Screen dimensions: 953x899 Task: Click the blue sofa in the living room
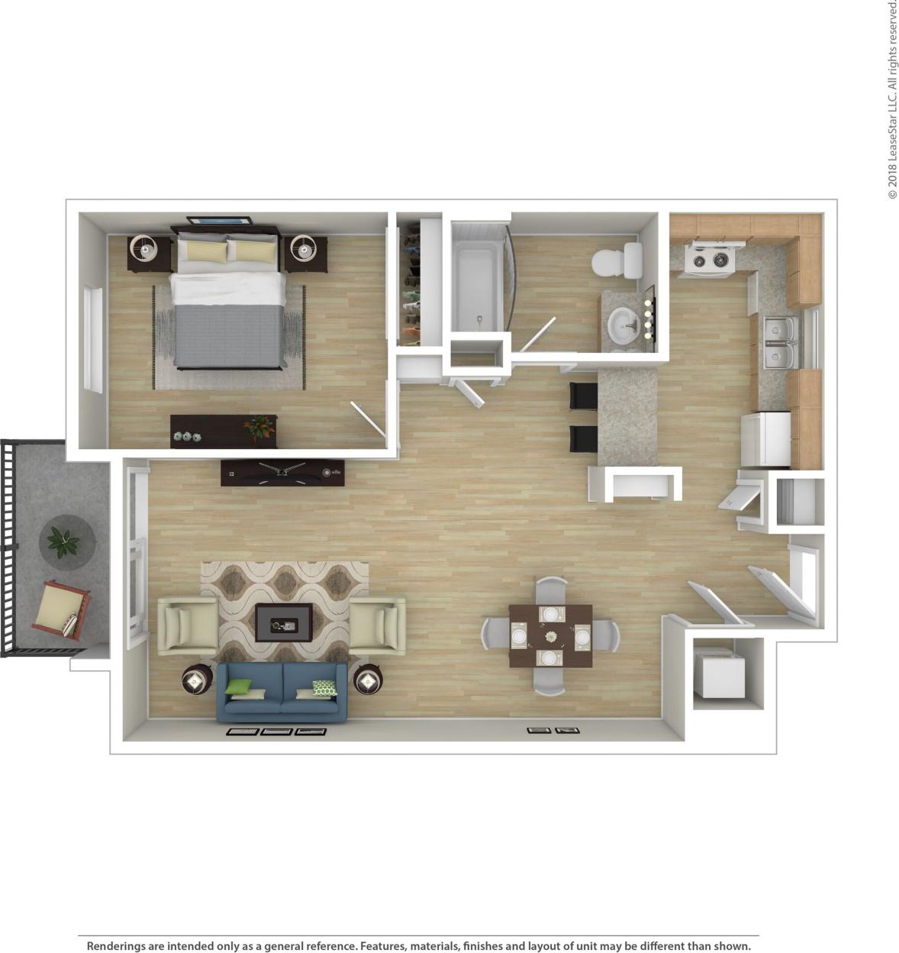click(282, 692)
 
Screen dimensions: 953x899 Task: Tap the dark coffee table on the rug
click(283, 622)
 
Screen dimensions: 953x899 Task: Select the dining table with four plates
click(550, 635)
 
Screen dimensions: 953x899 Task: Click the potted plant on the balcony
click(63, 541)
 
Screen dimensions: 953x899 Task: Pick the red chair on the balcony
click(60, 610)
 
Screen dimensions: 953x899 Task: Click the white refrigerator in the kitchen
click(765, 439)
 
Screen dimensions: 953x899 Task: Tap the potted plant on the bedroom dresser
click(259, 427)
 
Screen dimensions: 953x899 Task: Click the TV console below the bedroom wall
click(282, 473)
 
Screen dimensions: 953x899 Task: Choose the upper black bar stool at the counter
click(584, 396)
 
